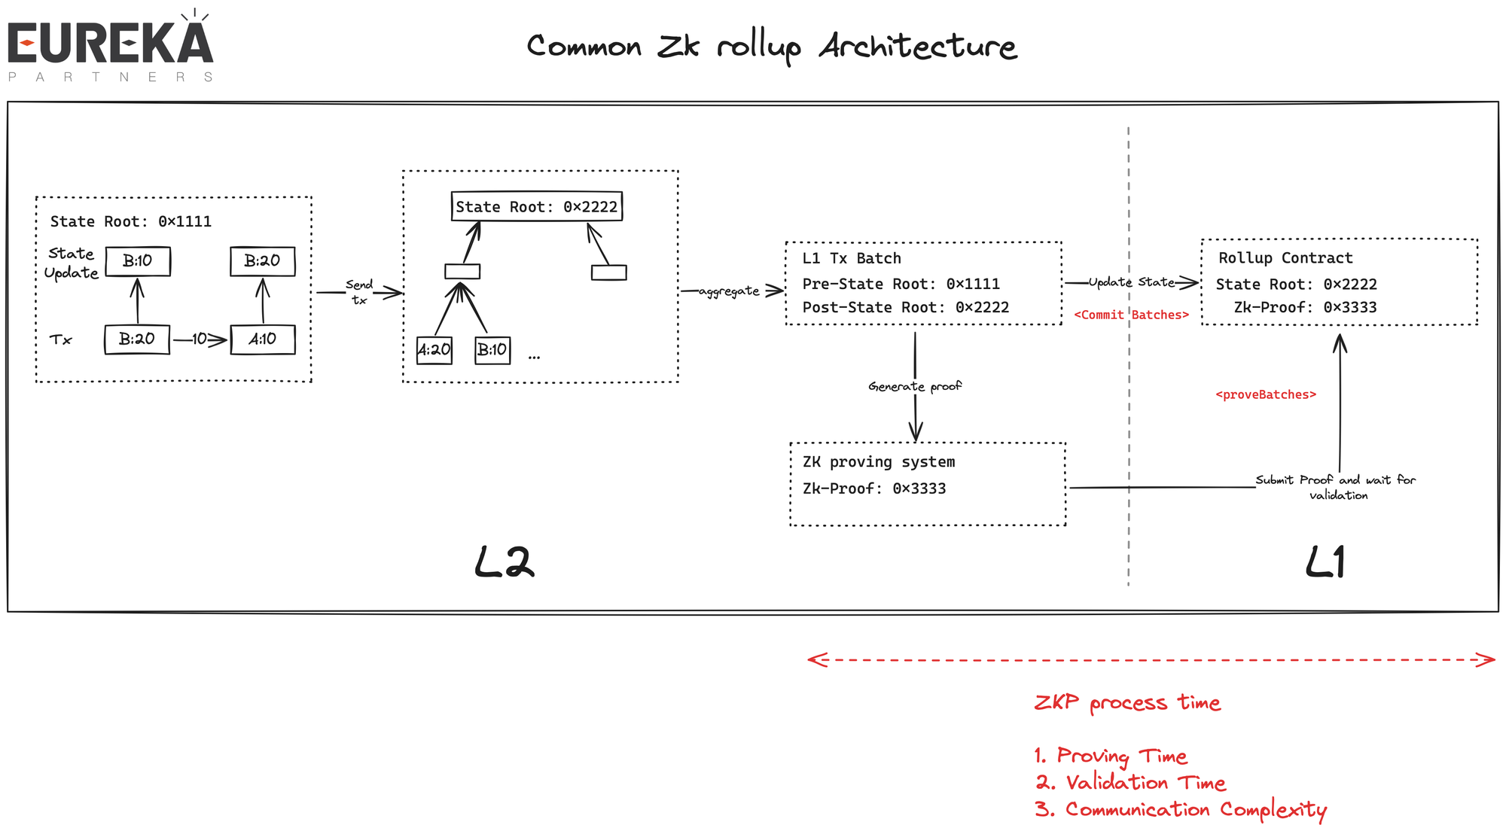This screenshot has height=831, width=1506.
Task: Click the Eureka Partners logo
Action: tap(111, 47)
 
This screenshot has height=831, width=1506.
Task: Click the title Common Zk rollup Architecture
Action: tap(771, 47)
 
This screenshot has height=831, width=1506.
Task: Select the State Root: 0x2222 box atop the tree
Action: tap(536, 206)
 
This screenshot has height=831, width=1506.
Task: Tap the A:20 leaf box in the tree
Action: tap(434, 350)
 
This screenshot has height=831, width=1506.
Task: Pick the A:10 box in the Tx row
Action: tap(262, 339)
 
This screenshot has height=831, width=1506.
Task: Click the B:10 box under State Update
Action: tap(138, 261)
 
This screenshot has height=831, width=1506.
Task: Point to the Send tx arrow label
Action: tap(359, 292)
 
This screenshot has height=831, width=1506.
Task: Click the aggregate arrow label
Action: tap(729, 291)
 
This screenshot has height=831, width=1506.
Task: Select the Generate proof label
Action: tap(915, 386)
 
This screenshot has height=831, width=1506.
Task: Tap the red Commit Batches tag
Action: tap(1131, 315)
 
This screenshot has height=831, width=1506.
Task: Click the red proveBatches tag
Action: tap(1266, 394)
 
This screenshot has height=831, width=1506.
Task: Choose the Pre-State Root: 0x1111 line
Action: tap(901, 284)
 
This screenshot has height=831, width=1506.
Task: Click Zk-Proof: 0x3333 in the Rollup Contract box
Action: tap(1305, 307)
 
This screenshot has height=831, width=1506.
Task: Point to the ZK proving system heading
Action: tap(878, 462)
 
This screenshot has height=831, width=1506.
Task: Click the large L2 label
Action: tap(504, 562)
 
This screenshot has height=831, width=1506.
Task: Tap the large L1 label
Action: tap(1325, 562)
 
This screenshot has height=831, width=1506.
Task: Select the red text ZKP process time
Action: tap(1127, 703)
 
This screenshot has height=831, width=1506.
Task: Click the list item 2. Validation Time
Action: tap(1130, 783)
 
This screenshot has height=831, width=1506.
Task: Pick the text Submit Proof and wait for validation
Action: tap(1336, 487)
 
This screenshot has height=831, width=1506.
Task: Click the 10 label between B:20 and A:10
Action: tap(199, 339)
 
